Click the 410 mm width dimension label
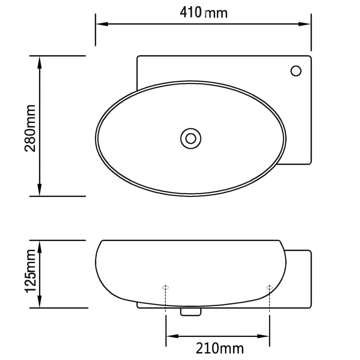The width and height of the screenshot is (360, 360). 204,13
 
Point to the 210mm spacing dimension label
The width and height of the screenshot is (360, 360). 219,348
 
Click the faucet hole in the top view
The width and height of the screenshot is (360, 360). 296,71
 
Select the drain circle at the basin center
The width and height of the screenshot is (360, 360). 191,138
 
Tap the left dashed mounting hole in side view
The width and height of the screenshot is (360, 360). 166,288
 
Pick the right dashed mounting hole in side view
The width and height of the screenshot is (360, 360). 269,288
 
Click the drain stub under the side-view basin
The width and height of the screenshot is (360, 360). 191,311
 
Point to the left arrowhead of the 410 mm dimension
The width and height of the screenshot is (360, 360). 101,24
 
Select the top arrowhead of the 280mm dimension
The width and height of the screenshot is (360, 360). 40,61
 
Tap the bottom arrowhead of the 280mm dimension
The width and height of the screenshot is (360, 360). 40,191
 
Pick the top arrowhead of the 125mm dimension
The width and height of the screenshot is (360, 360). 40,245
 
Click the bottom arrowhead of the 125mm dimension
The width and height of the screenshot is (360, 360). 40,303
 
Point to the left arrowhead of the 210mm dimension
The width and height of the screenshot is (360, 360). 171,336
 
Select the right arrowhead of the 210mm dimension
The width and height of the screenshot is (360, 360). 264,336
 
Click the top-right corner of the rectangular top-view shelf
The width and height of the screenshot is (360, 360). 310,57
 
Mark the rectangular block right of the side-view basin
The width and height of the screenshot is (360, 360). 299,278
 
